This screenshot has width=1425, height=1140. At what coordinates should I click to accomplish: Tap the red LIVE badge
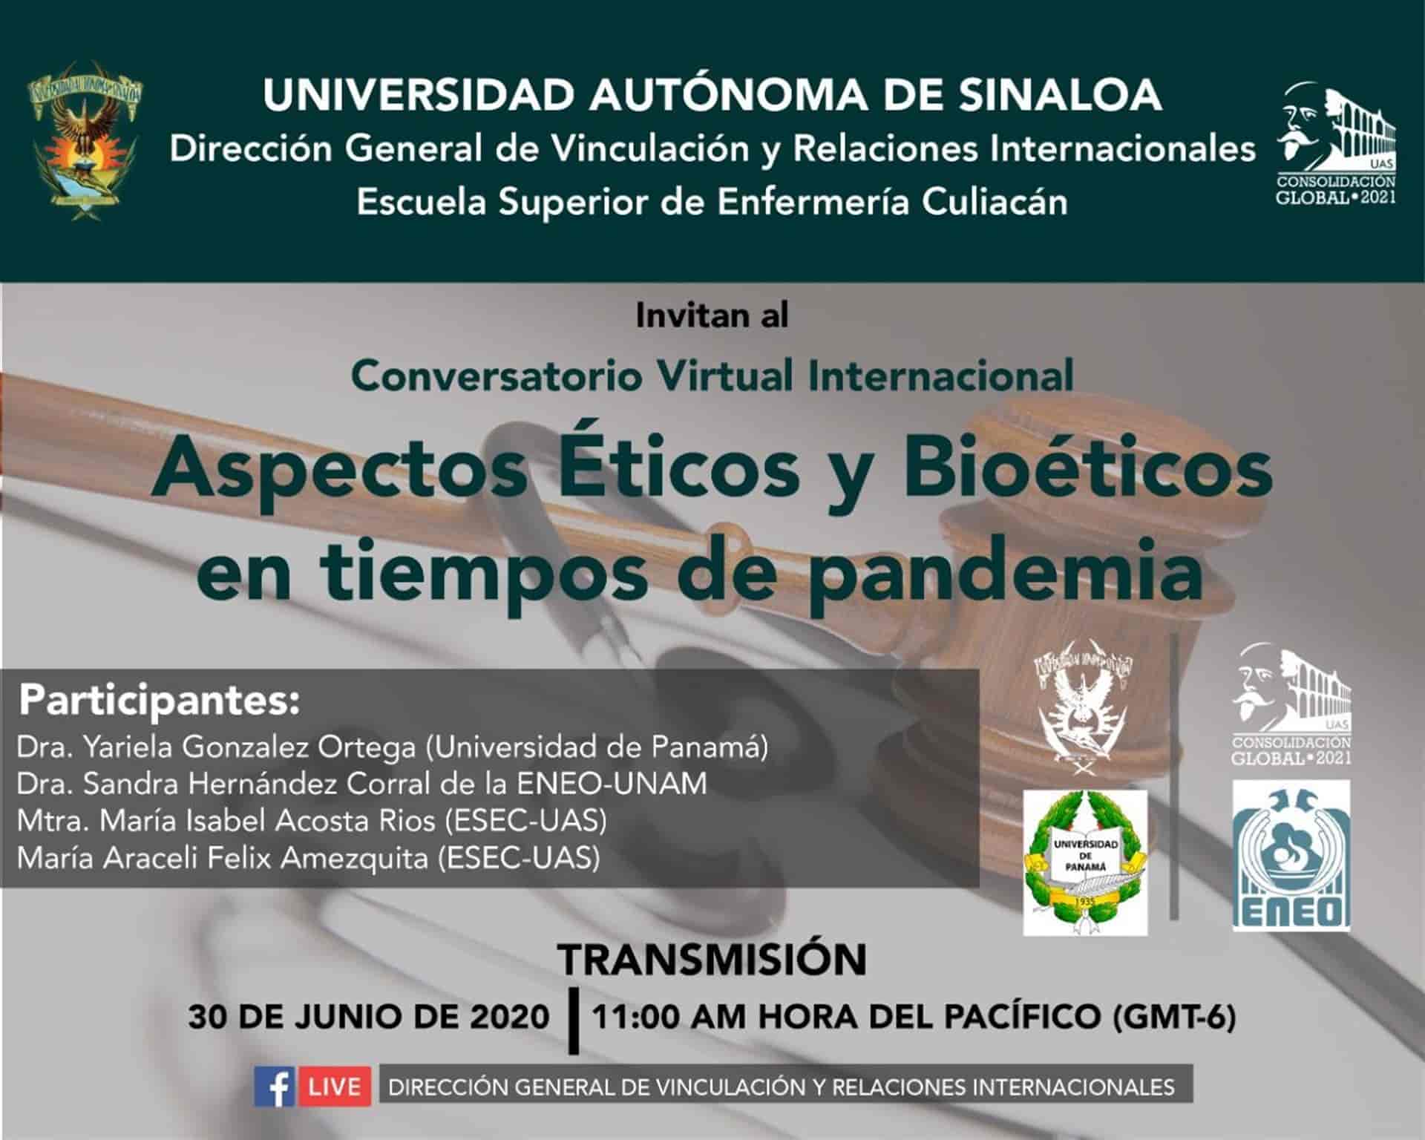[334, 1087]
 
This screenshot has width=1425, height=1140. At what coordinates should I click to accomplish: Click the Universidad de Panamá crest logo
[1085, 862]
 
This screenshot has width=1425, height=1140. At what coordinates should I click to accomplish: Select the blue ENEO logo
[1291, 855]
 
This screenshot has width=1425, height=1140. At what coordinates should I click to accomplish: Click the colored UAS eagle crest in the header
[84, 139]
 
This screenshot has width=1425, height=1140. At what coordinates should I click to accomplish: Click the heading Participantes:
[160, 701]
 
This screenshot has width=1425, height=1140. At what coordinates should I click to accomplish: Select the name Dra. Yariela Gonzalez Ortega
[216, 748]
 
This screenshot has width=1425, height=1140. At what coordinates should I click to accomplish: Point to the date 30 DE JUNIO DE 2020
[369, 1017]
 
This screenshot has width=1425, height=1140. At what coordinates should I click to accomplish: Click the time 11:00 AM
[669, 1017]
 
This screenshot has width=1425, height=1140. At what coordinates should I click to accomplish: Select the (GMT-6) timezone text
[1175, 1018]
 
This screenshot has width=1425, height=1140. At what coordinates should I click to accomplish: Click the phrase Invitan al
[712, 316]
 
